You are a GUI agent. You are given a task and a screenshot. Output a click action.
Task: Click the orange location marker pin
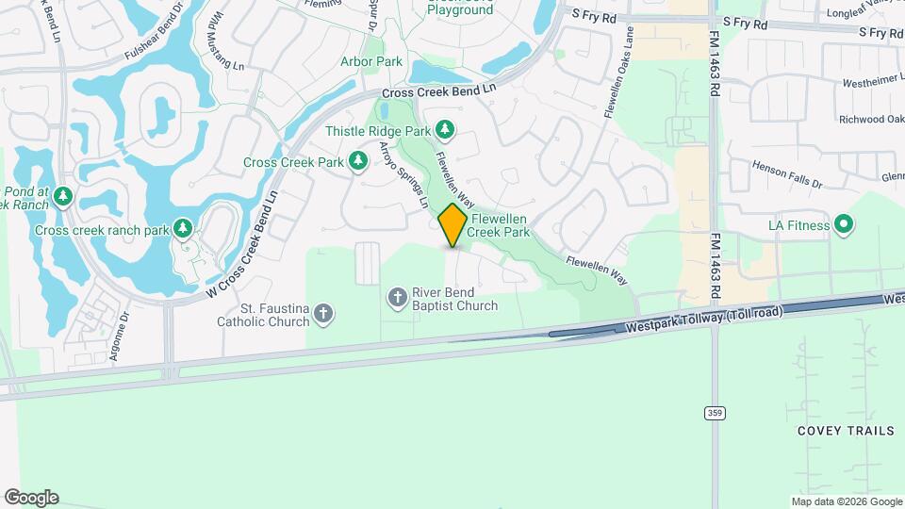[453, 224]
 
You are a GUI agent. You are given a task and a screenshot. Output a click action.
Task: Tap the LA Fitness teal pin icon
[845, 225]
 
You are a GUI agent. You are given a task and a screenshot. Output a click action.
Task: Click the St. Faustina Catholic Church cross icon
[323, 314]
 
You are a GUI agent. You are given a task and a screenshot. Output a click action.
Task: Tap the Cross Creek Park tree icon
[358, 162]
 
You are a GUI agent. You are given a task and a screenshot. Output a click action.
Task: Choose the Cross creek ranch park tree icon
[183, 229]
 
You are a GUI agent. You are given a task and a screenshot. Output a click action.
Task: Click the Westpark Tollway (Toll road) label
[703, 320]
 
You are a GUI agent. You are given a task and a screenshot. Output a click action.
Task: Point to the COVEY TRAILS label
[846, 431]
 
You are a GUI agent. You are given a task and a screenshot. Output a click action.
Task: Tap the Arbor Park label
[370, 61]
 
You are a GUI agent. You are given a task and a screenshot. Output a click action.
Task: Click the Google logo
[31, 498]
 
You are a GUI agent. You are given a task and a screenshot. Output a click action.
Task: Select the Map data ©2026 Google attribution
[846, 501]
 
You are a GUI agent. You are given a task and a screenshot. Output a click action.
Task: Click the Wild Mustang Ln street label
[224, 42]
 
